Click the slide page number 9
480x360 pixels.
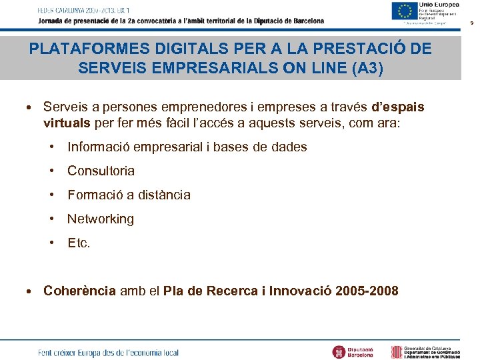click(x=472, y=23)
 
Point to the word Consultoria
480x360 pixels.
click(x=101, y=171)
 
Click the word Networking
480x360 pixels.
click(x=101, y=219)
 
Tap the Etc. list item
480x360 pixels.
click(x=79, y=243)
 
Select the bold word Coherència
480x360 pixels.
click(x=80, y=291)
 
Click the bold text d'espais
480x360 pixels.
click(x=397, y=107)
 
